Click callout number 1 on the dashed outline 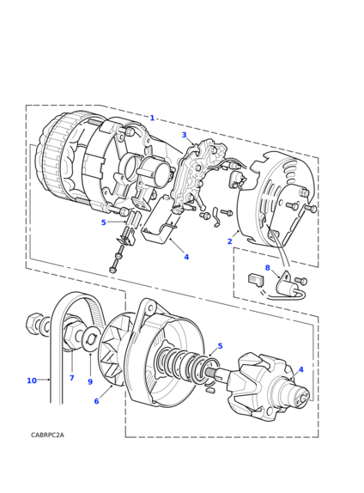tap(152, 118)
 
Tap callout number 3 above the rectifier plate tap(185, 135)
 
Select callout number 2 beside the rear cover tap(229, 241)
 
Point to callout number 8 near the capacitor tap(268, 268)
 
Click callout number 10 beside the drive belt tap(32, 380)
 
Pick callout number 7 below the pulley tap(71, 378)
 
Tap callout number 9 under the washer tap(90, 381)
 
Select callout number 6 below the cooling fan tap(96, 401)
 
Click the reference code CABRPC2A tap(47, 435)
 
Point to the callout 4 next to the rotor tap(300, 369)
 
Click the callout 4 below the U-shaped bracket tap(186, 257)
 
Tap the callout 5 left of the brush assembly tap(103, 222)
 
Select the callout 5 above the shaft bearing tap(220, 346)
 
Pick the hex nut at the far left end tap(33, 323)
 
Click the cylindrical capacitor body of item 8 tap(292, 288)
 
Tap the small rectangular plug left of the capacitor tap(256, 280)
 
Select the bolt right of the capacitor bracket tap(301, 281)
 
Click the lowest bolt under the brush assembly tap(114, 270)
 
